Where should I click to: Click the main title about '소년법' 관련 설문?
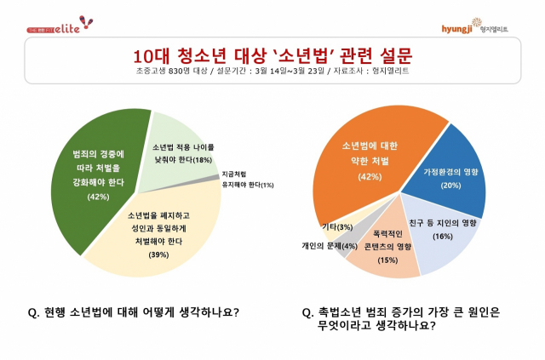272,56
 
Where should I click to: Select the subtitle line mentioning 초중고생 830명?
272,74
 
